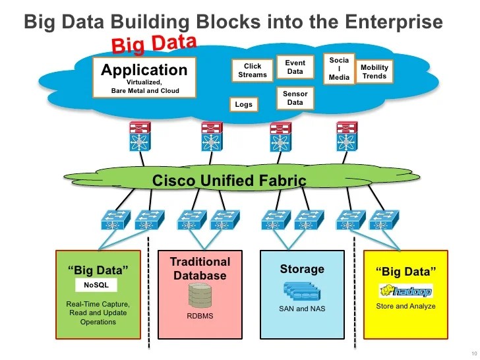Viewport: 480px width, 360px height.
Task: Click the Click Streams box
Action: tap(253, 71)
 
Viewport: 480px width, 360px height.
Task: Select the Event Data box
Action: tap(295, 67)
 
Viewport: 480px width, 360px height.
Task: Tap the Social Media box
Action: tap(339, 69)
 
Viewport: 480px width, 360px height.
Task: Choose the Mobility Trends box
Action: tap(374, 72)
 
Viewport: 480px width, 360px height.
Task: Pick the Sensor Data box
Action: tap(295, 98)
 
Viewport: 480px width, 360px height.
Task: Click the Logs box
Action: tap(243, 104)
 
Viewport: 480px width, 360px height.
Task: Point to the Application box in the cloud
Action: tap(144, 78)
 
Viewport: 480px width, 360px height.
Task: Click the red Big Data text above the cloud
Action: tap(154, 44)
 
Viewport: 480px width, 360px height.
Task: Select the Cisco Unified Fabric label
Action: tap(229, 180)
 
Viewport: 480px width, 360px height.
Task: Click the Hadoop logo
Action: tap(406, 291)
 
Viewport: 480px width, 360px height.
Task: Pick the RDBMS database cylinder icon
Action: tap(200, 296)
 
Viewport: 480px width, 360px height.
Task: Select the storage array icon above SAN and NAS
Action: tap(302, 291)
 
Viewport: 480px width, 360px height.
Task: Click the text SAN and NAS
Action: tap(302, 309)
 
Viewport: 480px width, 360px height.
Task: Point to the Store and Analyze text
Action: tap(405, 307)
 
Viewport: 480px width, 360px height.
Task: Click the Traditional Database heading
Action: tap(200, 268)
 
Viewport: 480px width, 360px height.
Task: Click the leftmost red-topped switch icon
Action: tap(140, 135)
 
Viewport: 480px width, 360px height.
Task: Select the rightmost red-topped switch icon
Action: tap(346, 135)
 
